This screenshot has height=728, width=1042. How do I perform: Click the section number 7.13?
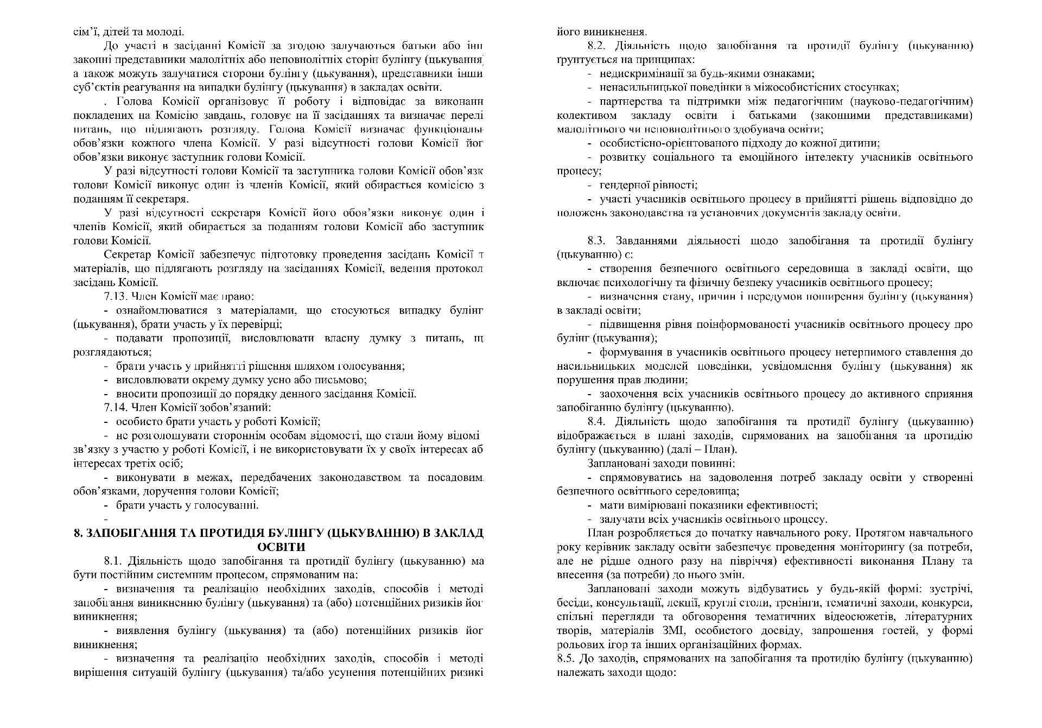coord(116,296)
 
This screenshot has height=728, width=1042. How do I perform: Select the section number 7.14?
coord(116,408)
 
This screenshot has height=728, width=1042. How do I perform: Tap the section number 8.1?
coord(113,561)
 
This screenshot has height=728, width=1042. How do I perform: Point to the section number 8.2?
coord(597,46)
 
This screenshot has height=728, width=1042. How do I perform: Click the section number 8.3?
coord(597,240)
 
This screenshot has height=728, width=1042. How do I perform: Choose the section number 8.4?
coord(597,422)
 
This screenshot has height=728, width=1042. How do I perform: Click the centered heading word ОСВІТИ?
coord(281,547)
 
